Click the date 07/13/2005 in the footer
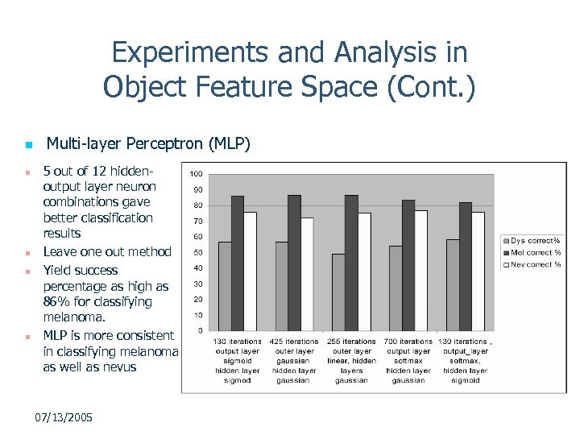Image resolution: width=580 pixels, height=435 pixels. pos(64,417)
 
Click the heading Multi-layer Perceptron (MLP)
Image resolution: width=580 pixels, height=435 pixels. pos(149,144)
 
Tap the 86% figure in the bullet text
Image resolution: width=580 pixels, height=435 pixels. pos(56,302)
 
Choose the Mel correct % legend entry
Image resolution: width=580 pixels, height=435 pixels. pos(532,252)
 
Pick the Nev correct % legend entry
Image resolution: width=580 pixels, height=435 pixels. pos(532,264)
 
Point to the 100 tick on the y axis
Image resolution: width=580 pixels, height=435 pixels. pos(196,174)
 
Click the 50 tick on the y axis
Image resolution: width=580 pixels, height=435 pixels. pos(197,252)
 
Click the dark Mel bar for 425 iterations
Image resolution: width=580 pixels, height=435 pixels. pos(294,263)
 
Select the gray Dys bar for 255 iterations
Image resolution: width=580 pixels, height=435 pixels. pos(338,292)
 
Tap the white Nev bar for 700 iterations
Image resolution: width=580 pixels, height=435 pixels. pos(420,270)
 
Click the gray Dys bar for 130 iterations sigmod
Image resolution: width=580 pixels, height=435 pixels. pos(225,286)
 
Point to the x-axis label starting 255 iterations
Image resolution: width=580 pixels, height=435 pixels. pos(351,361)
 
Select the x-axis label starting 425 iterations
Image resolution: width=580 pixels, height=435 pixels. pos(294,361)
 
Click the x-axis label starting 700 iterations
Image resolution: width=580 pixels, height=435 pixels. pos(408,361)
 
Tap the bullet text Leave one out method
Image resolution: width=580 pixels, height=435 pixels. pos(107,252)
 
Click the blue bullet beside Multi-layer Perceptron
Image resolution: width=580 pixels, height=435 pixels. pos(27,146)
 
